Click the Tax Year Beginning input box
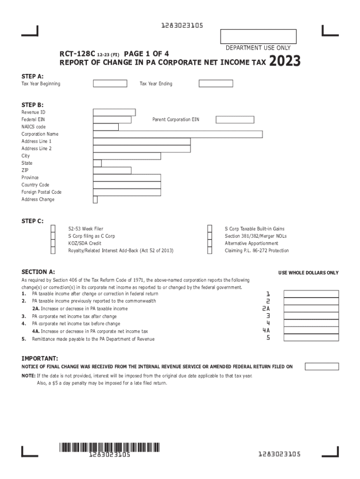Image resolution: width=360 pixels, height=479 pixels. click(110, 84)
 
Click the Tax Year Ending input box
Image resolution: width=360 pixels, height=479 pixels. click(216, 84)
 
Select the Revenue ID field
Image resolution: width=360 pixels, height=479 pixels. click(115, 112)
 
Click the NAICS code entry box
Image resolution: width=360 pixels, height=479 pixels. click(106, 127)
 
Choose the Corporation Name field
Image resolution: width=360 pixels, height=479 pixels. click(178, 134)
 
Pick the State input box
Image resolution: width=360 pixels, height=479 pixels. click(97, 163)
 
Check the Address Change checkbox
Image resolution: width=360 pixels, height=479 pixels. click(95, 200)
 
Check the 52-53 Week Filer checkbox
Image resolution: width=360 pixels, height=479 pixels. click(53, 229)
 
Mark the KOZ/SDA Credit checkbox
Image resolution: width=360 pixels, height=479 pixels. click(53, 243)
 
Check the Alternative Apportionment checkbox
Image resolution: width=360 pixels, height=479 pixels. click(210, 243)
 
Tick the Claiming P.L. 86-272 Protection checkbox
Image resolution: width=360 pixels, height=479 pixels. click(210, 251)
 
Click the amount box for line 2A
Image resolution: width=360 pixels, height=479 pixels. click(311, 309)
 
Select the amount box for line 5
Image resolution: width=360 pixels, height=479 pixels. click(311, 338)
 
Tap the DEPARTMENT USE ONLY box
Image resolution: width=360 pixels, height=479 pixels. click(258, 36)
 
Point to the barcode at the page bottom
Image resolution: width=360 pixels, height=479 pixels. click(109, 447)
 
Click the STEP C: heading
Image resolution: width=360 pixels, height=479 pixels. click(33, 221)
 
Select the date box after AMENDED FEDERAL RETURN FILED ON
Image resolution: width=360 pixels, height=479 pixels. click(322, 367)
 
